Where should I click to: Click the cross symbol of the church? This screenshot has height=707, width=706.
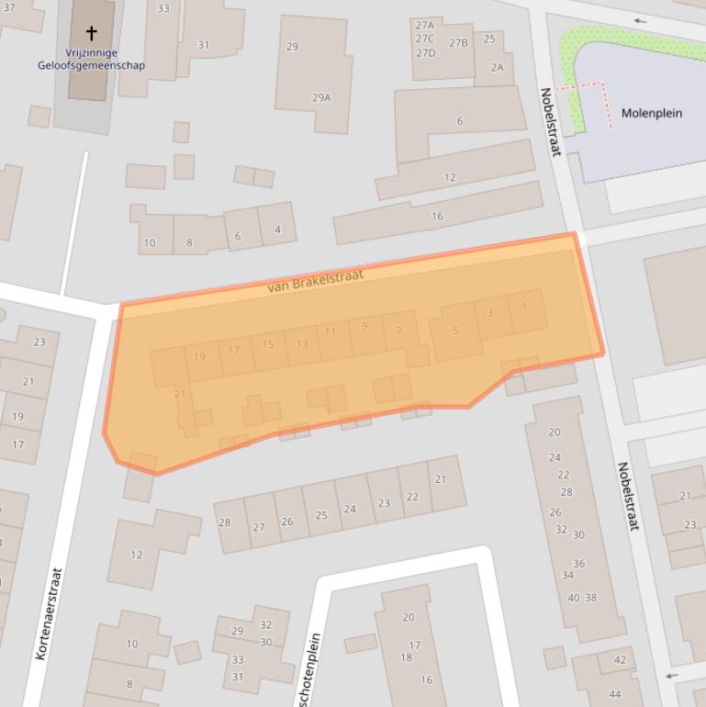pos(92,33)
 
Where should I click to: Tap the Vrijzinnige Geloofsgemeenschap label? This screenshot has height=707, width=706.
pos(92,60)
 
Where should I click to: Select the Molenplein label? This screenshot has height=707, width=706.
pos(651,113)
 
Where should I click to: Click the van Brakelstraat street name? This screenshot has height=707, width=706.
pos(315,281)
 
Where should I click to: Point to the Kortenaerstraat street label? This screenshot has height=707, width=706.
pos(49,613)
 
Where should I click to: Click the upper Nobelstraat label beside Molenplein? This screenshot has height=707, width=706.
pos(550,121)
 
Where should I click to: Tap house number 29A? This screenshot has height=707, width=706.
pos(321,97)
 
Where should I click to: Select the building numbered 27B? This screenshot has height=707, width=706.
pos(458,42)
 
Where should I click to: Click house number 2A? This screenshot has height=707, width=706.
pos(497,67)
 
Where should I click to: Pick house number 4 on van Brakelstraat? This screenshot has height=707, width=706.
pos(277,230)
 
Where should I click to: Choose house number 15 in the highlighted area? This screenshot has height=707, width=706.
pos(268,344)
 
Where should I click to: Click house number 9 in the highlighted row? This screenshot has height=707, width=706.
pos(365,326)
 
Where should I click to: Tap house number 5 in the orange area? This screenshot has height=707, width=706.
pos(456,331)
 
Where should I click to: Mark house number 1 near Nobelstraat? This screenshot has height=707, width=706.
pos(524,307)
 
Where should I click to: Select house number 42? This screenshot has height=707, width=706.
pos(620,659)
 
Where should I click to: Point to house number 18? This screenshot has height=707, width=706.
pos(406,657)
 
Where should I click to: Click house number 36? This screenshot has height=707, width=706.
pos(578,564)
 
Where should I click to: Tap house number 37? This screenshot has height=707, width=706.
pos(9,7)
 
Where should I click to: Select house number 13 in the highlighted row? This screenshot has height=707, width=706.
pos(302,344)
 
